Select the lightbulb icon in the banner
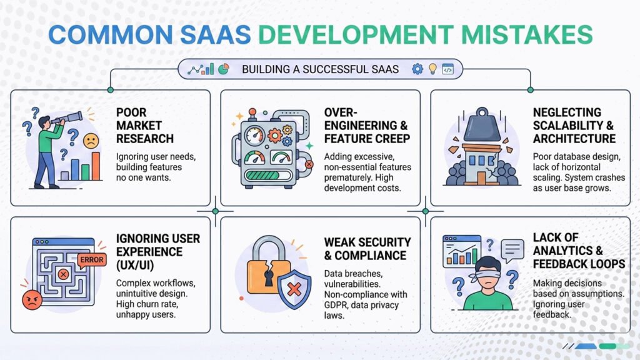click(432, 69)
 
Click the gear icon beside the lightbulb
click(417, 69)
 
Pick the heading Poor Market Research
click(145, 125)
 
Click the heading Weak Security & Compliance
click(367, 248)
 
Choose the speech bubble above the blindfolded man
click(513, 250)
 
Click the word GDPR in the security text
click(336, 304)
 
